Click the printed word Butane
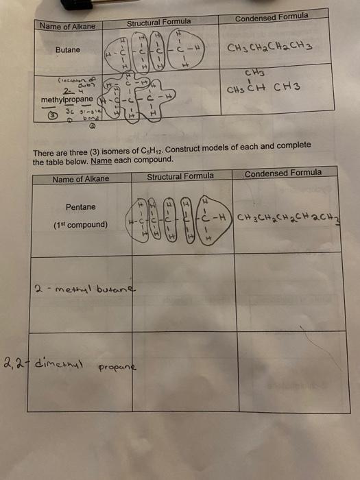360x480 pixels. click(68, 50)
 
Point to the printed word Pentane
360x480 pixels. click(81, 207)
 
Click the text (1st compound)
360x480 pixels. click(80, 224)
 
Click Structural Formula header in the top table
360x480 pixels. click(158, 22)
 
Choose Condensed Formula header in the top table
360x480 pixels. click(271, 16)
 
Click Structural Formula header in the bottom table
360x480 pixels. click(180, 176)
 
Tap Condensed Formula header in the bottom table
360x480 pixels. click(283, 173)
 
